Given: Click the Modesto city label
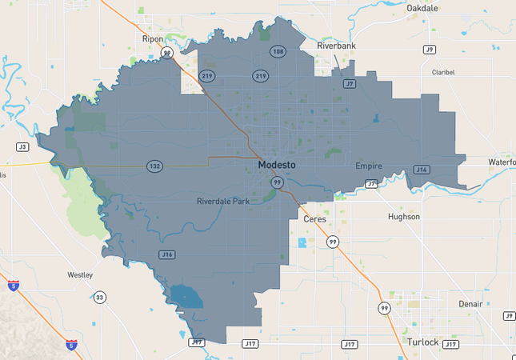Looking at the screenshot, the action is (x=276, y=165).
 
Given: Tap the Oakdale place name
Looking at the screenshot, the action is (x=422, y=7).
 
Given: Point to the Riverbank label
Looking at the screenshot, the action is (x=336, y=46).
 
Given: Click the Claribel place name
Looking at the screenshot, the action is (x=443, y=72).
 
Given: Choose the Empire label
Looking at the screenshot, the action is (x=369, y=166).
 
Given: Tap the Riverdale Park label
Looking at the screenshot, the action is (x=223, y=201).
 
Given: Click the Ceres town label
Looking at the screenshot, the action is (x=314, y=218).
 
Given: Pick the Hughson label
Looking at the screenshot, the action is (x=403, y=217).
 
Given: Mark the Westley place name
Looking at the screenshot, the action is (x=80, y=274).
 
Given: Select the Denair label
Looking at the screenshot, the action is (x=471, y=305).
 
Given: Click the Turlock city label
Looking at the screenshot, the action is (x=422, y=342).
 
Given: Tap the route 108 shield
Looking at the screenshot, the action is (x=278, y=52).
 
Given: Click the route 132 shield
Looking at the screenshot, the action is (x=154, y=166).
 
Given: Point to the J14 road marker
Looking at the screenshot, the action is (x=422, y=170).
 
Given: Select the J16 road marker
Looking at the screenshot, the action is (x=166, y=254).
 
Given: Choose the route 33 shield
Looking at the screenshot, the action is (x=99, y=298).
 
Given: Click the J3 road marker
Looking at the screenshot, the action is (x=22, y=147).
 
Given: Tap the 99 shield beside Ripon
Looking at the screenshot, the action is (x=166, y=53).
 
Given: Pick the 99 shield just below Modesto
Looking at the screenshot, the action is (x=277, y=182).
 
